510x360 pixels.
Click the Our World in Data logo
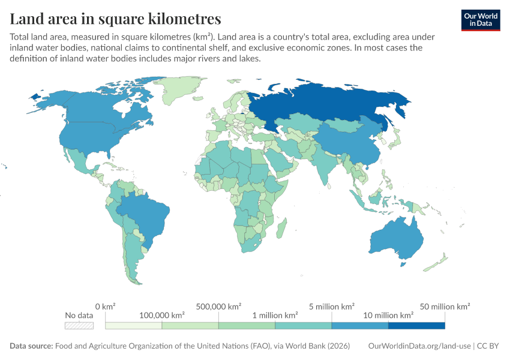click(x=481, y=20)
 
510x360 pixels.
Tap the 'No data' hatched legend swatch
click(x=79, y=326)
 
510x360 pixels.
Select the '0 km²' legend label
click(x=105, y=307)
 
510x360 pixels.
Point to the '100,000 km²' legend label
click(x=161, y=315)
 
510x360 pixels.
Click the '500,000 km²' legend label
click(x=218, y=307)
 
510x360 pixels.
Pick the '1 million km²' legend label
click(x=275, y=315)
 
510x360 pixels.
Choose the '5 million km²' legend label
click(x=331, y=307)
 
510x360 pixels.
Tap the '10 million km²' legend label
click(x=388, y=315)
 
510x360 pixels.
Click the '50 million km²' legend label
click(x=445, y=307)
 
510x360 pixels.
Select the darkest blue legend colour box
click(x=416, y=326)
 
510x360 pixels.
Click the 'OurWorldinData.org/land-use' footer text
click(x=419, y=346)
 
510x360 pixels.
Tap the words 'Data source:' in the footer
click(x=31, y=346)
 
